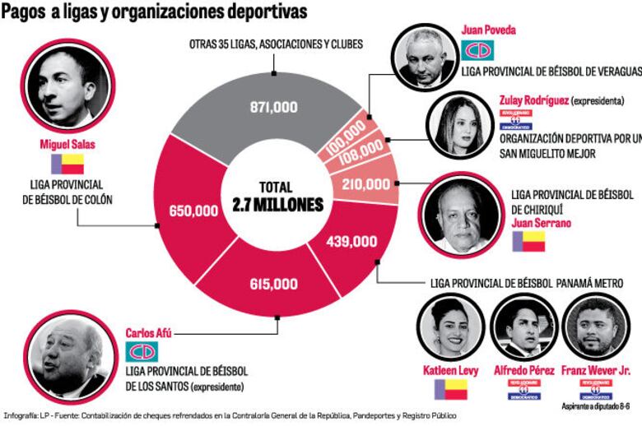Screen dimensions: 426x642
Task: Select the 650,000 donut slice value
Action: tap(194, 211)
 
